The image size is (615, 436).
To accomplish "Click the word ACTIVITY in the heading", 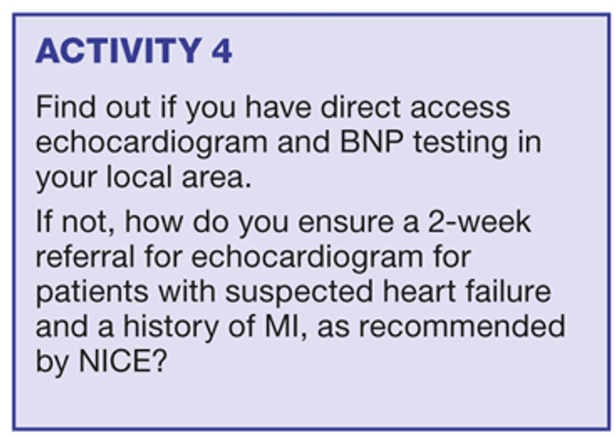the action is (x=118, y=51).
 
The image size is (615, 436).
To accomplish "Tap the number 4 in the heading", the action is (x=222, y=51).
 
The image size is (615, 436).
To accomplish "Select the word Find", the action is (x=66, y=107).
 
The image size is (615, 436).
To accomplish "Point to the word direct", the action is (x=361, y=107).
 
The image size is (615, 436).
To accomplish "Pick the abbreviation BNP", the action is (x=371, y=142).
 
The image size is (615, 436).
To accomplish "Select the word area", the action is (x=216, y=179).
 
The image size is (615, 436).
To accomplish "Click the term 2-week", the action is (x=480, y=222).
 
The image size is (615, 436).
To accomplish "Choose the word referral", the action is (x=85, y=257).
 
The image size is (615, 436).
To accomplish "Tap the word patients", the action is (x=92, y=293).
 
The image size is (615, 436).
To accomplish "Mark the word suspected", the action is (x=298, y=293).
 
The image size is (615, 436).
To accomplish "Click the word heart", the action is (x=419, y=291).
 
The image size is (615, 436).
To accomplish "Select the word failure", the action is (x=508, y=291).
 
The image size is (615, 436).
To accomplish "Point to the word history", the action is (x=171, y=328).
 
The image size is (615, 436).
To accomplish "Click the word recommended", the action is (x=462, y=327).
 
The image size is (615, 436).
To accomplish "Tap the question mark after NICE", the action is (x=159, y=360).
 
